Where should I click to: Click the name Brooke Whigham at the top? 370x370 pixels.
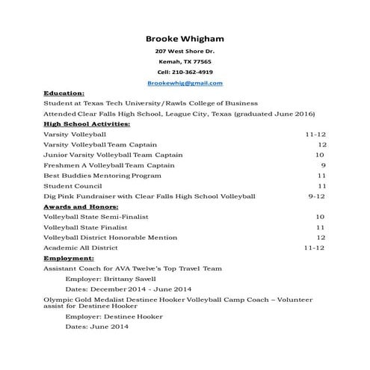click(x=185, y=39)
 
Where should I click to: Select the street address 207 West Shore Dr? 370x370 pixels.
click(x=185, y=51)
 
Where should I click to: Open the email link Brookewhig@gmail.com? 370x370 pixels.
click(x=185, y=83)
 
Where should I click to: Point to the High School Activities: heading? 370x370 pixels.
click(x=87, y=123)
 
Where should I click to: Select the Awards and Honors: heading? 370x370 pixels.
click(x=76, y=206)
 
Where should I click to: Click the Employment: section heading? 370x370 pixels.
click(x=68, y=257)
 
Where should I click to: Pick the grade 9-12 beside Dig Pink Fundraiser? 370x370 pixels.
click(x=317, y=196)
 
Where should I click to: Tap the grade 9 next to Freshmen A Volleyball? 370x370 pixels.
click(x=323, y=164)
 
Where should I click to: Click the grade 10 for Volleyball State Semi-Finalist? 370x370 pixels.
click(x=320, y=216)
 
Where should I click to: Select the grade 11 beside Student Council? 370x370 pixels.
click(x=321, y=185)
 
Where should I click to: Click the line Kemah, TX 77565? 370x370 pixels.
click(x=185, y=61)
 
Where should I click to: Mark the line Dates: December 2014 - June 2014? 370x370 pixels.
click(x=129, y=289)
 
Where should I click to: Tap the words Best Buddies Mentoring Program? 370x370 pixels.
click(x=102, y=175)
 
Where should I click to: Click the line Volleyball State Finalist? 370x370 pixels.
click(x=86, y=226)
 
